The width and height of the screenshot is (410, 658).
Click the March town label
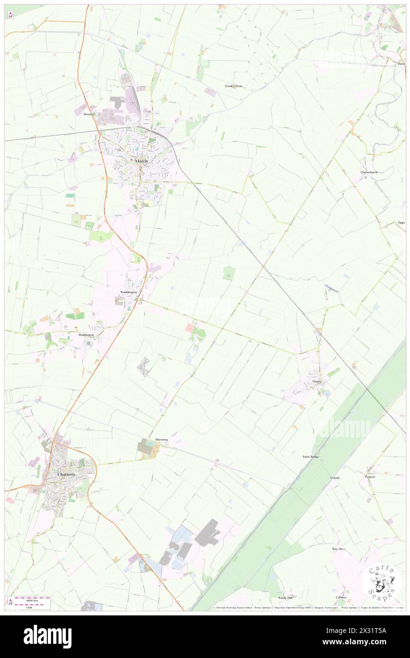[142, 161]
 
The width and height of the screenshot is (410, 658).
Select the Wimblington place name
[128, 292]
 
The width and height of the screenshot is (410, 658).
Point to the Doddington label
[86, 335]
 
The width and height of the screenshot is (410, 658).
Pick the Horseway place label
[161, 440]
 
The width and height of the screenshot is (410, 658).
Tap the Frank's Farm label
[233, 86]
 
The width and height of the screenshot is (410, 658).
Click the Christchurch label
[369, 172]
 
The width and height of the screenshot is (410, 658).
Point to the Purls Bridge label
[311, 457]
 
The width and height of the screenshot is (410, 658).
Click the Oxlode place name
[335, 478]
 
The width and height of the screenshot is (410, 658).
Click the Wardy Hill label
[285, 598]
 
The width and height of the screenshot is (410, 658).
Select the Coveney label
[341, 597]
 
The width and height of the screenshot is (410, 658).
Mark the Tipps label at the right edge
[401, 222]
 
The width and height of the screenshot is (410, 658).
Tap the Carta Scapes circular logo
[382, 583]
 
